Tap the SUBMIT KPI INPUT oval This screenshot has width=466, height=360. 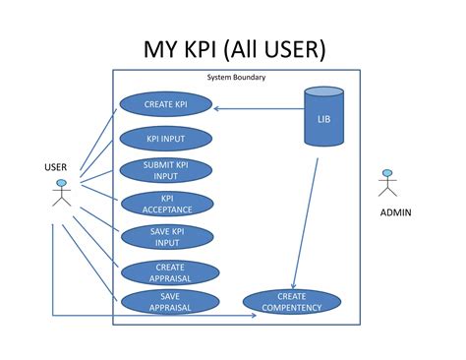(x=165, y=170)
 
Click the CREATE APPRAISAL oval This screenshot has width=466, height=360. (x=169, y=272)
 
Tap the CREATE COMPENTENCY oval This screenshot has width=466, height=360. (x=291, y=301)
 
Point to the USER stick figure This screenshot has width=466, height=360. (x=61, y=194)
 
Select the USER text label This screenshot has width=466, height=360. (x=56, y=167)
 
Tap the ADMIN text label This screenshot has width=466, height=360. (x=395, y=213)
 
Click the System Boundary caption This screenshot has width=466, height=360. (x=236, y=77)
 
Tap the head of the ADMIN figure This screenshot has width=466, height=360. (x=386, y=174)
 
